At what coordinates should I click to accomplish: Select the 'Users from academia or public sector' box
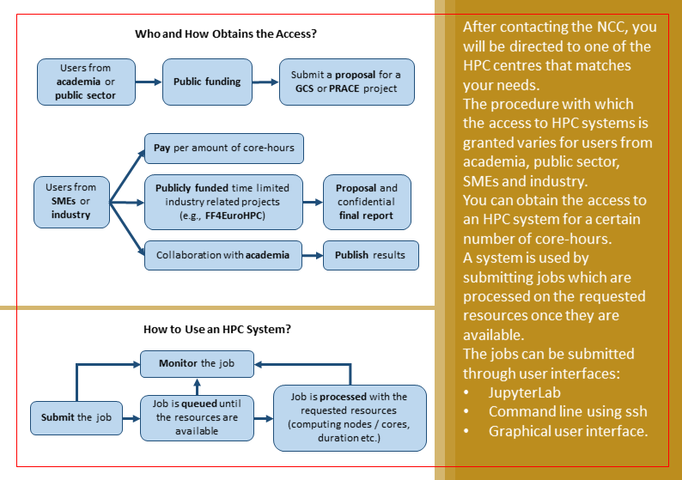[x=85, y=82]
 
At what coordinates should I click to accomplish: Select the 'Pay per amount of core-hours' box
[x=223, y=148]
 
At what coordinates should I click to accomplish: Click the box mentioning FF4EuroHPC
[x=223, y=200]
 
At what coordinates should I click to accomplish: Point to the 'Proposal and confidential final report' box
[x=366, y=201]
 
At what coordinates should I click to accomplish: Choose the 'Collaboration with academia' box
[x=223, y=254]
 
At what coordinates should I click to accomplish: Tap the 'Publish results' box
[x=370, y=255]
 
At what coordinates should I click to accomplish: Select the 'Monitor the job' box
[x=198, y=363]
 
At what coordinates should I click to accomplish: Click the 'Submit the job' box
[x=76, y=417]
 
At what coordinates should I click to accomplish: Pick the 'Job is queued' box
[x=198, y=417]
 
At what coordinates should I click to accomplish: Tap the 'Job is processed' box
[x=350, y=417]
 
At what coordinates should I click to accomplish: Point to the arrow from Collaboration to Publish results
[x=311, y=255]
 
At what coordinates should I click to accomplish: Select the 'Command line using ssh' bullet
[x=568, y=411]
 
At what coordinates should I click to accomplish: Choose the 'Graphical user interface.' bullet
[x=567, y=431]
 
